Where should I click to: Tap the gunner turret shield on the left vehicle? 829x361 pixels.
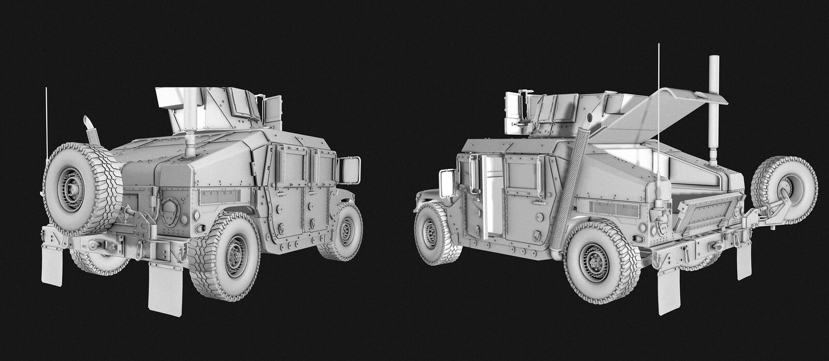(x=218, y=109)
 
